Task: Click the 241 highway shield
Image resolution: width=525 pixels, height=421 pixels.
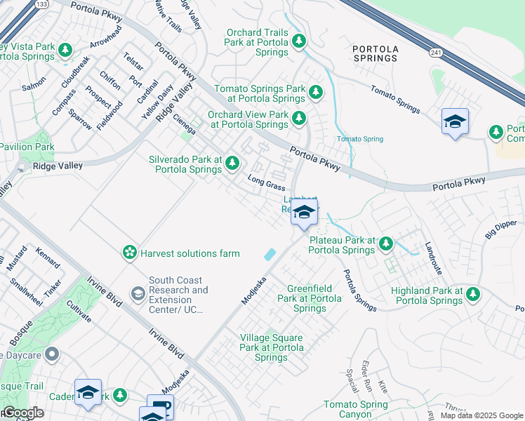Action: click(436, 51)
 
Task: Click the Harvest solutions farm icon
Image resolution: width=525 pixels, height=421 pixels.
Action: click(129, 253)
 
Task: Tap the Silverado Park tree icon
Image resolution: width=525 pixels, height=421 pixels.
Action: click(232, 164)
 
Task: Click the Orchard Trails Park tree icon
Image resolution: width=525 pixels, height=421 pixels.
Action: click(299, 42)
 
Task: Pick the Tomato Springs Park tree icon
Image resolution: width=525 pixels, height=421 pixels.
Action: click(316, 92)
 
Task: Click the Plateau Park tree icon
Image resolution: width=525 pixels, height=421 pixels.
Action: click(385, 244)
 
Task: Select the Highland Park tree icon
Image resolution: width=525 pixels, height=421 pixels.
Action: click(473, 294)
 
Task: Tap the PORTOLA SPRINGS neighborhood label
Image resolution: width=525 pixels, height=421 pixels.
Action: click(375, 53)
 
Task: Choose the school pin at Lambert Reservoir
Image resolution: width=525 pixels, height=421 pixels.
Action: click(304, 213)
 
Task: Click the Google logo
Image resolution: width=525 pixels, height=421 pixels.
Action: click(22, 413)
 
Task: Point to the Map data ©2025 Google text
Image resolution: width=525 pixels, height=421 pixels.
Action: click(481, 415)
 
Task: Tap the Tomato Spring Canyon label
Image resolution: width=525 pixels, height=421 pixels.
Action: click(355, 409)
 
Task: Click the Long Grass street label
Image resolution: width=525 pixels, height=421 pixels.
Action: click(266, 183)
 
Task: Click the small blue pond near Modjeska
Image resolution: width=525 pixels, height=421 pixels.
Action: click(270, 255)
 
